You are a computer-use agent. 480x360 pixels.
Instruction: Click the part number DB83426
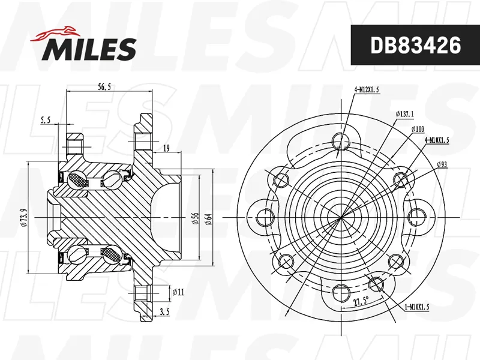(x=415, y=45)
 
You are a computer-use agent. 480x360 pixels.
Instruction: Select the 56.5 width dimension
(x=104, y=87)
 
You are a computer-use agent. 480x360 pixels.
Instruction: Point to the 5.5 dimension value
(x=45, y=121)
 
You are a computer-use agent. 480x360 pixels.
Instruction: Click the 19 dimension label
(x=166, y=149)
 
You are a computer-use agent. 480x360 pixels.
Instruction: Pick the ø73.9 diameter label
(x=25, y=218)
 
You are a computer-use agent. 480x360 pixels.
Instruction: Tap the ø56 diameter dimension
(x=196, y=218)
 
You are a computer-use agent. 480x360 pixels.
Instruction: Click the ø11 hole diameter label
(x=178, y=292)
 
